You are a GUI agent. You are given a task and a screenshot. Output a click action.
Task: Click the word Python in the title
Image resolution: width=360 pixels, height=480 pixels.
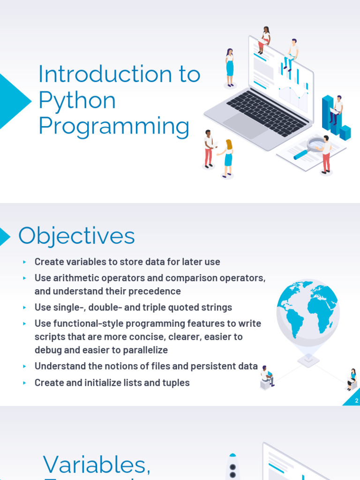click(x=77, y=101)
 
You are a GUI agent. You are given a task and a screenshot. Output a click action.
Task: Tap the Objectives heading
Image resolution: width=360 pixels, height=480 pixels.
click(x=76, y=236)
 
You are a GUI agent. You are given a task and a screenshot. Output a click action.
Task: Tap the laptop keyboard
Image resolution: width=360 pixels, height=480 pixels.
click(x=266, y=112)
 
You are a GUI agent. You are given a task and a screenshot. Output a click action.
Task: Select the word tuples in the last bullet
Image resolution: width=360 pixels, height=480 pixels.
click(x=174, y=383)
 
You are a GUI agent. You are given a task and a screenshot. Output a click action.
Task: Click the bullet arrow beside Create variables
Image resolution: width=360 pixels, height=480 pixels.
click(x=25, y=262)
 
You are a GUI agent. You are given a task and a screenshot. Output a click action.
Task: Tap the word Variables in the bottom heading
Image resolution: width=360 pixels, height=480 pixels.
click(x=97, y=465)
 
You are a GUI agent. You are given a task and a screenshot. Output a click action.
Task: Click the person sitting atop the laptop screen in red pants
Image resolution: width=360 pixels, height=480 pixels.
click(x=264, y=40)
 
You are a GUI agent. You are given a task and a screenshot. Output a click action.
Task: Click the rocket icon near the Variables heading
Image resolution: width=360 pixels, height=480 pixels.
click(x=232, y=467)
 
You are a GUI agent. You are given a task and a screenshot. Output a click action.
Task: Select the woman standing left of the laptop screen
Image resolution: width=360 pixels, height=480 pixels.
click(x=229, y=67)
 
